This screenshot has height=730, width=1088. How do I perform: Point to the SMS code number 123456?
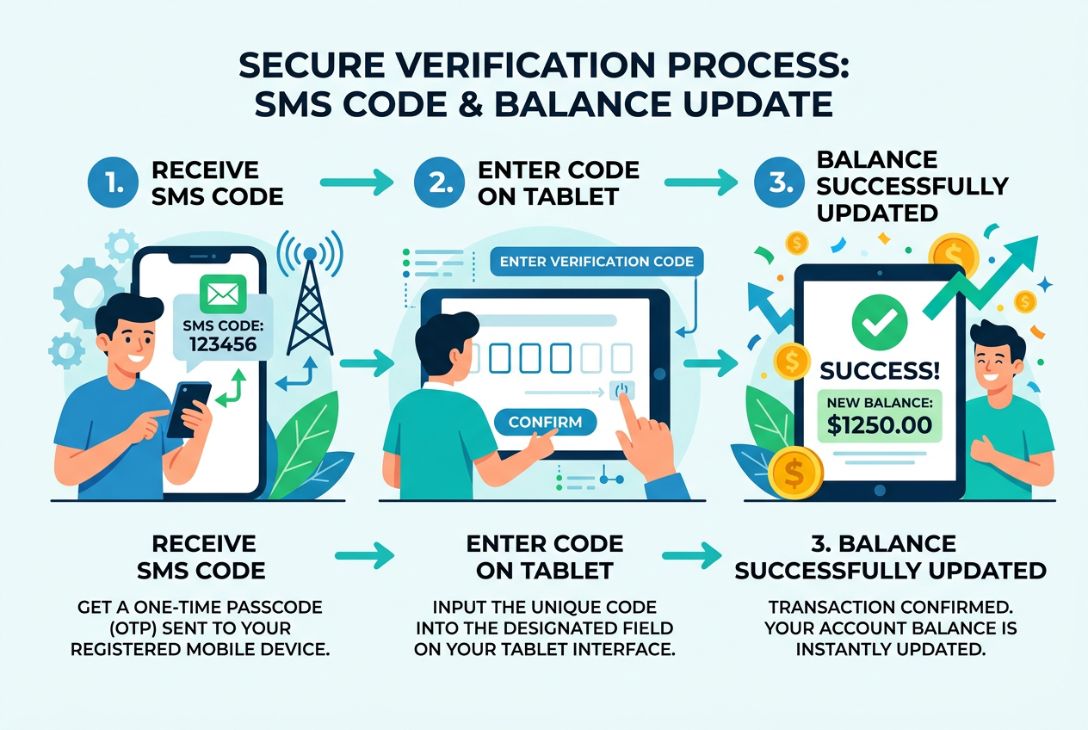tap(220, 346)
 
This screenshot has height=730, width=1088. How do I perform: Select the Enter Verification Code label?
tap(597, 262)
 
